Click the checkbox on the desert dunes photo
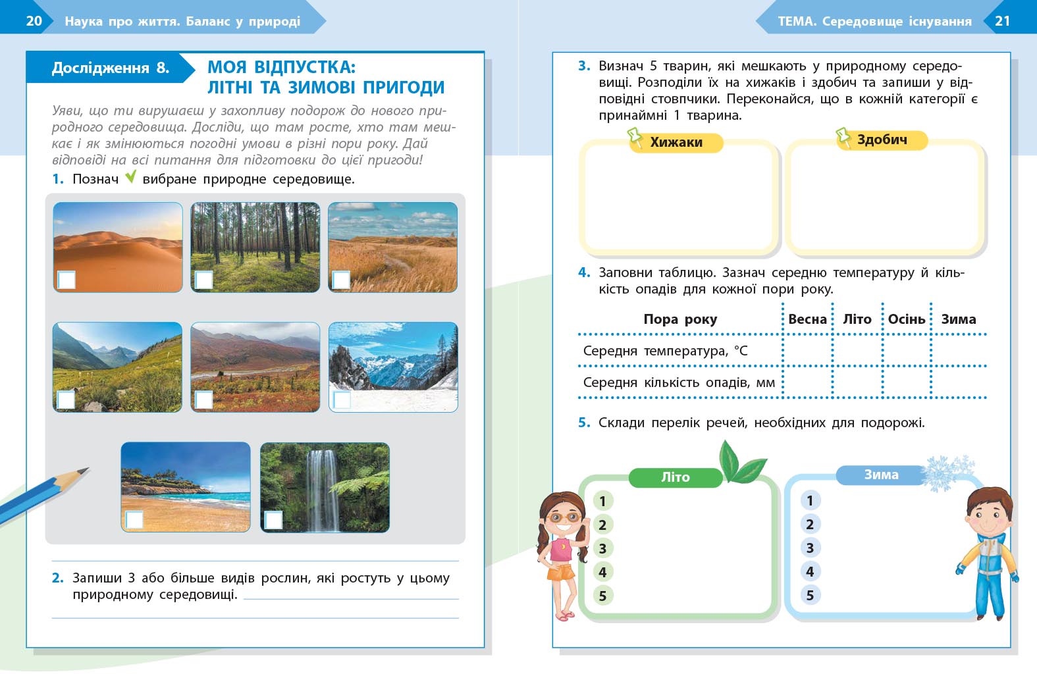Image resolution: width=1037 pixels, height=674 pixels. pos(66,280)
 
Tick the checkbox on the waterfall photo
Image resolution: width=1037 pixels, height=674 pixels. pos(273,519)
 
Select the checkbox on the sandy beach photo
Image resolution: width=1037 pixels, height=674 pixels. pos(134,519)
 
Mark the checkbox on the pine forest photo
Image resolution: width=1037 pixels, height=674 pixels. pos(204,280)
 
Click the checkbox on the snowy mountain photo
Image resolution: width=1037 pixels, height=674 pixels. pos(342,400)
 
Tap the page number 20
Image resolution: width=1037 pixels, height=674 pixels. pos(34,21)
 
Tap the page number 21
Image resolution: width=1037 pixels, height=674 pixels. pos(1002,21)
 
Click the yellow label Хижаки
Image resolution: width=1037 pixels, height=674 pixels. pos(676,142)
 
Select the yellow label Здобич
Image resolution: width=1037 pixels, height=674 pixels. pos(882,140)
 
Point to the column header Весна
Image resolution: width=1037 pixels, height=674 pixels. pos(807,319)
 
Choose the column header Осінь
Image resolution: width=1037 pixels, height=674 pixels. pos(907,319)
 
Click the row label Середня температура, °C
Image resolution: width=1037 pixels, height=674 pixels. pos(665,351)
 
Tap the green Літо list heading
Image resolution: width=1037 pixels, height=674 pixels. pos(676,477)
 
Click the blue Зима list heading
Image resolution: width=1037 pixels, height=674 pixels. pos(881,475)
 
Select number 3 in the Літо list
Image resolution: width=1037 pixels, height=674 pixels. pos(602,548)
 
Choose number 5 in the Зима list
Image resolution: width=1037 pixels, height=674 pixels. pos(810,596)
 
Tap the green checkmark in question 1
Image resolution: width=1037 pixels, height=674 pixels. pos(131,176)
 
